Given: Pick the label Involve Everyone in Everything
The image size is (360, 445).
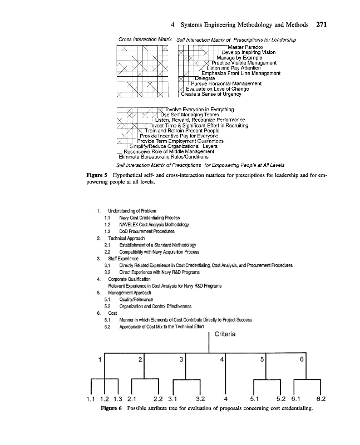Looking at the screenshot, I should (199, 110).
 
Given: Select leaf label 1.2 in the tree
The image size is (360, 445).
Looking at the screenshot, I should (104, 399).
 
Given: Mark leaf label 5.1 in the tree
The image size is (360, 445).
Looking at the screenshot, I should (255, 399).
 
